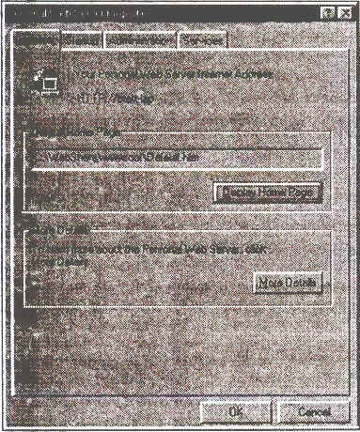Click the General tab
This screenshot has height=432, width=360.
click(x=36, y=40)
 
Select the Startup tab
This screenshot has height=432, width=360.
click(x=80, y=40)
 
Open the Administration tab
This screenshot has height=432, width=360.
click(x=140, y=40)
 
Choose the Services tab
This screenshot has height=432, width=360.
click(x=201, y=40)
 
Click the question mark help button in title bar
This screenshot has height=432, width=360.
click(x=328, y=11)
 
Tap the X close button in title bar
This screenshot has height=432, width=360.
click(x=345, y=11)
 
